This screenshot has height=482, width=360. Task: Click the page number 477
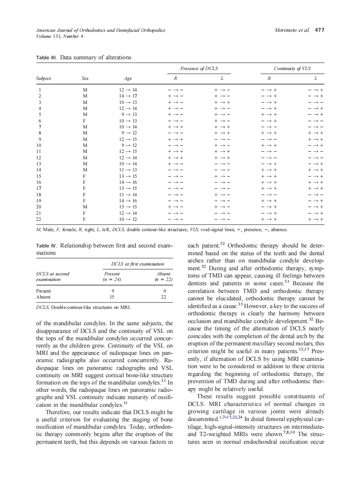(x=319, y=31)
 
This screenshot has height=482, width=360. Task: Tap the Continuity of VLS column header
(x=292, y=68)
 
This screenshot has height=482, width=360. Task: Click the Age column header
(x=128, y=79)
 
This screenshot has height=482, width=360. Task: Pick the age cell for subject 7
(x=128, y=127)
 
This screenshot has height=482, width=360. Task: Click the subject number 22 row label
(x=39, y=219)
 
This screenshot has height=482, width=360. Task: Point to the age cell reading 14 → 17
(x=128, y=96)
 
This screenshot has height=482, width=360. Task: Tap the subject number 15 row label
(x=39, y=176)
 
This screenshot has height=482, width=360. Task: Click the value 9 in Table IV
(x=113, y=290)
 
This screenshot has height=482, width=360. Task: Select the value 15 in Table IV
(x=113, y=296)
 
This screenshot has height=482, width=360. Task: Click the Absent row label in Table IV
(x=43, y=296)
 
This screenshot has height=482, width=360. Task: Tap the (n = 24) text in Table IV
(x=112, y=279)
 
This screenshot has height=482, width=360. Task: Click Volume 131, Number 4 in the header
(x=59, y=36)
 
